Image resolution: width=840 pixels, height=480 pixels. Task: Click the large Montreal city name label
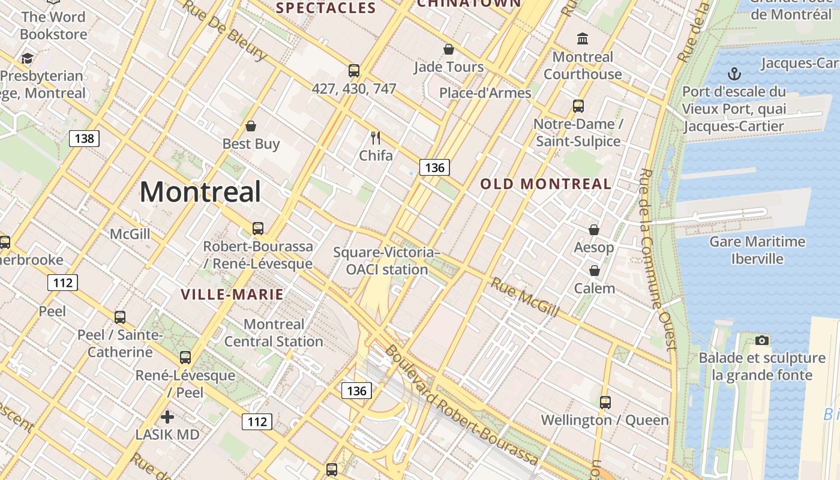click(200, 192)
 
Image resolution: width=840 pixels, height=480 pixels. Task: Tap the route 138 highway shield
click(84, 139)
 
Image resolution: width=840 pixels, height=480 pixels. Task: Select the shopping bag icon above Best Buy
click(251, 126)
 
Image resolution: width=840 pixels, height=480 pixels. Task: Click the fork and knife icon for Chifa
click(376, 138)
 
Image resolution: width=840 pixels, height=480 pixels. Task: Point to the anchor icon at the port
click(734, 74)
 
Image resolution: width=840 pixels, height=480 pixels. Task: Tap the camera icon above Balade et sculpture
click(762, 340)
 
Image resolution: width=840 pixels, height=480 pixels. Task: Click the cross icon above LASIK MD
click(167, 416)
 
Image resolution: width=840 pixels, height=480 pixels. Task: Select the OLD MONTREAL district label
click(545, 184)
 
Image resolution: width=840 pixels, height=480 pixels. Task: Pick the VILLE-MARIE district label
click(232, 295)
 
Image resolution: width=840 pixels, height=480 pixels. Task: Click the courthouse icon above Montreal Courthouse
click(582, 39)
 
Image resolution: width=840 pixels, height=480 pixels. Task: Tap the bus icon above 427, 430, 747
click(354, 71)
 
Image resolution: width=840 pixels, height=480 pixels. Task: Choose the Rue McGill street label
click(525, 297)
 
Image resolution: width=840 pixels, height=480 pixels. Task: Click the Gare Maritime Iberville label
click(757, 250)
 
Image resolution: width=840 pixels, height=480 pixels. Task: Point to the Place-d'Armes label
click(485, 92)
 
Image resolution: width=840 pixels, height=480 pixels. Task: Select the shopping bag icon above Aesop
click(593, 230)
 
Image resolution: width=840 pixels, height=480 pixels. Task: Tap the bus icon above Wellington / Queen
click(605, 402)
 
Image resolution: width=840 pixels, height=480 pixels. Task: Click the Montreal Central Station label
click(274, 333)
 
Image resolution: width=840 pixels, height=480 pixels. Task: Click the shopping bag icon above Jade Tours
click(448, 49)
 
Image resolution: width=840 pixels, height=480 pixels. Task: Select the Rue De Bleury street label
click(224, 30)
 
